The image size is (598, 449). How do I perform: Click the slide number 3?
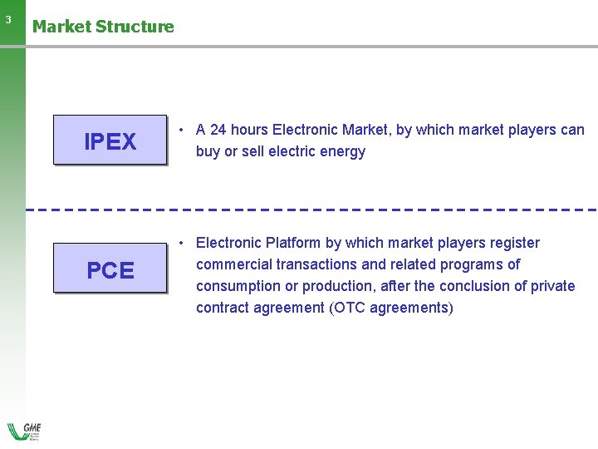point(8,19)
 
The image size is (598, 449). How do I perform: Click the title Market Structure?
point(103,27)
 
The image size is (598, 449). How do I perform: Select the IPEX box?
point(110,141)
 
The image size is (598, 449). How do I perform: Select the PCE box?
point(110,269)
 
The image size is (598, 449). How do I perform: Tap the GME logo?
point(24,432)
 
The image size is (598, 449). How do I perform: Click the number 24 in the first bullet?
point(218,130)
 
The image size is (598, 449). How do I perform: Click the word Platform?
point(294,243)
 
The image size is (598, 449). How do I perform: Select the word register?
point(512,243)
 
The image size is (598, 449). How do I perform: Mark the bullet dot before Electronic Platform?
point(181,244)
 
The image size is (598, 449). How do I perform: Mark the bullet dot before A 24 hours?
point(181,131)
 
